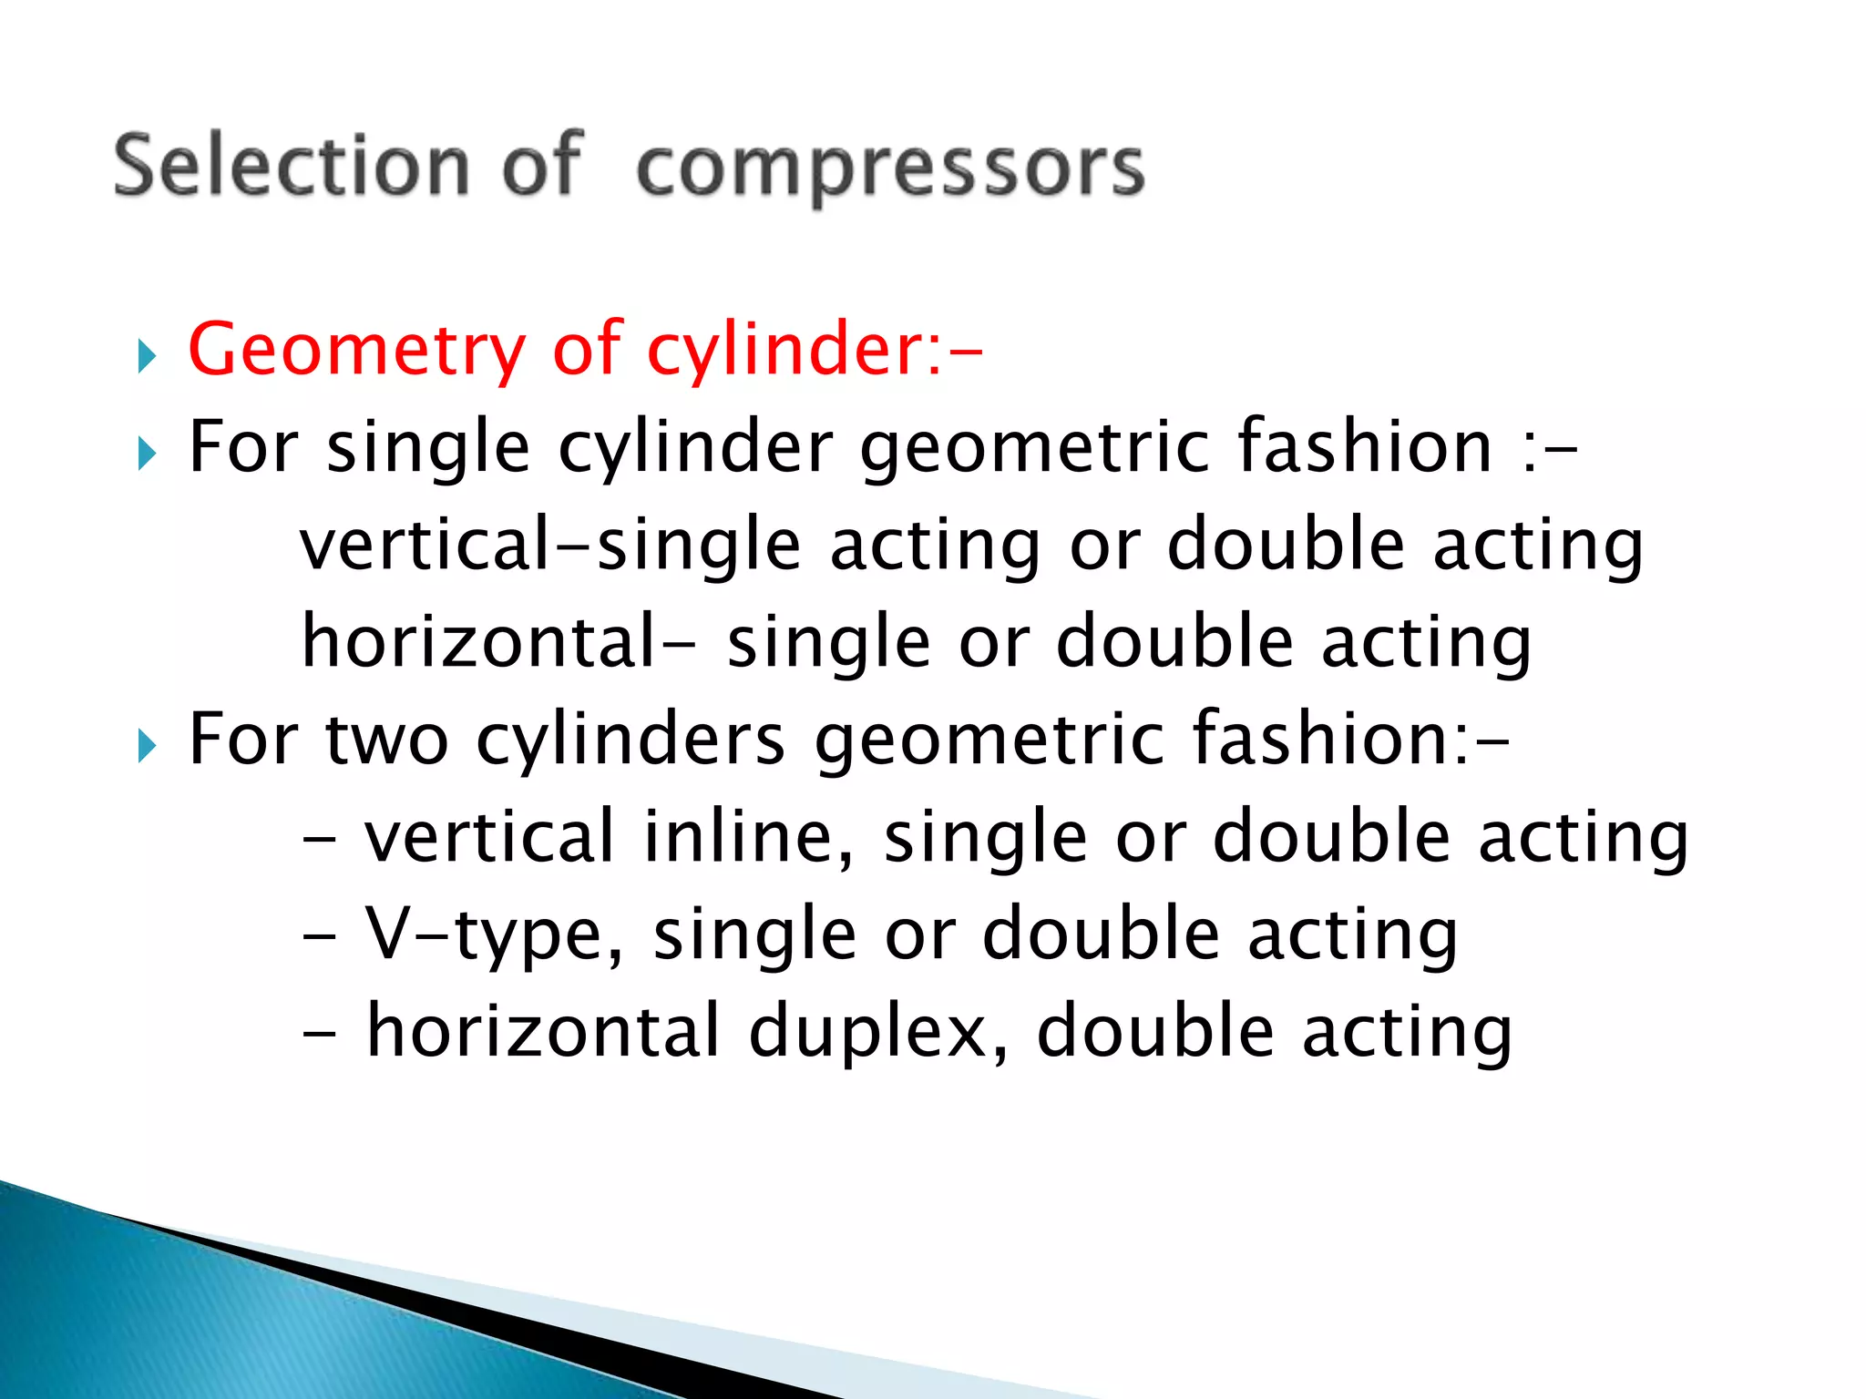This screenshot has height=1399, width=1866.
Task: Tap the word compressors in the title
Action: (890, 169)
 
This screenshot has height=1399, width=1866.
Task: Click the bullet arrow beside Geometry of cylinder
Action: (147, 356)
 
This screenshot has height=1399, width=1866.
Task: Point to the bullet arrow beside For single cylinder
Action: (147, 453)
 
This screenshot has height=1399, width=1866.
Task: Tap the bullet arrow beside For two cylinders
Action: (147, 746)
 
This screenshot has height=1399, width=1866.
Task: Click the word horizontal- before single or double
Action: (497, 642)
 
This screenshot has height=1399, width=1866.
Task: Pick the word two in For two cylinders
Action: (386, 740)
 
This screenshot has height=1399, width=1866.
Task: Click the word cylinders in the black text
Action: (631, 740)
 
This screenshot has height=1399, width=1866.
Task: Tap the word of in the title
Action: (541, 166)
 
